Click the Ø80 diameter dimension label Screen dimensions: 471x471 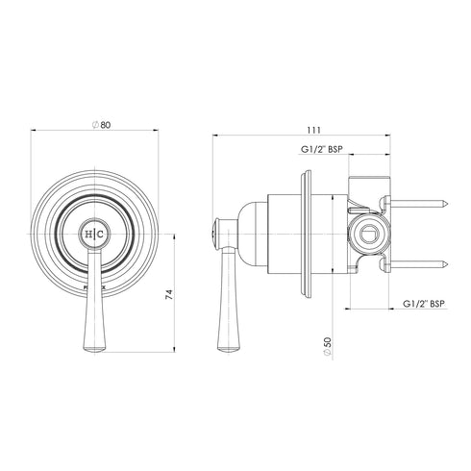[94, 124]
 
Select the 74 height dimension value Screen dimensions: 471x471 [170, 297]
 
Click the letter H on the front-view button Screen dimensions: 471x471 [88, 234]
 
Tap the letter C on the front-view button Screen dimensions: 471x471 [101, 234]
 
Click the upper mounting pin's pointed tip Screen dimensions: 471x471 [448, 205]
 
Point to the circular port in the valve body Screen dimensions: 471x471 [369, 232]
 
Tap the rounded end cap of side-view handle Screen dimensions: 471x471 [214, 233]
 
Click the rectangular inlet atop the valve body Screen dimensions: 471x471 [369, 185]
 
